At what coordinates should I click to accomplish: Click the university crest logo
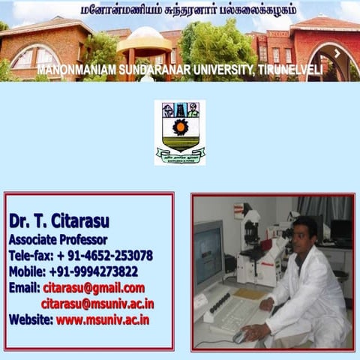tap(180, 132)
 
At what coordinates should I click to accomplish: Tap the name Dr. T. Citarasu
tap(59, 221)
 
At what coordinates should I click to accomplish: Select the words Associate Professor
tap(58, 240)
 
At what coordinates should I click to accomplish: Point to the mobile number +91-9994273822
tap(93, 271)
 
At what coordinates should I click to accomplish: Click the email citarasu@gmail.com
tap(94, 288)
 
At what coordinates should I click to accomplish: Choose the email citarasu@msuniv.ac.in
tap(97, 304)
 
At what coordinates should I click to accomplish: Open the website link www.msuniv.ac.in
tap(103, 319)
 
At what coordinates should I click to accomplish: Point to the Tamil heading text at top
tap(187, 10)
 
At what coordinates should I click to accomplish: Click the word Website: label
tap(31, 319)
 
